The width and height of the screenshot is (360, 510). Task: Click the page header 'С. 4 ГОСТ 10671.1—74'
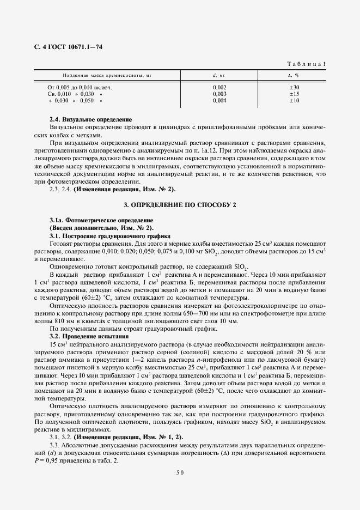[68, 47]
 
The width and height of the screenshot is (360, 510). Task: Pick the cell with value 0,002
[219, 87]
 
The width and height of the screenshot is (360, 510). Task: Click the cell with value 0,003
[219, 94]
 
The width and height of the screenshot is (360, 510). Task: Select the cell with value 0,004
[219, 100]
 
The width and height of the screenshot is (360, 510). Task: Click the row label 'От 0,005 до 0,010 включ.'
[80, 87]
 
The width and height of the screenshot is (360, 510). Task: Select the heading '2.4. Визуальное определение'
[90, 119]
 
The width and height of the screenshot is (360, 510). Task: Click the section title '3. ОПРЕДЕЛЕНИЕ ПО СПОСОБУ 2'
[180, 204]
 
